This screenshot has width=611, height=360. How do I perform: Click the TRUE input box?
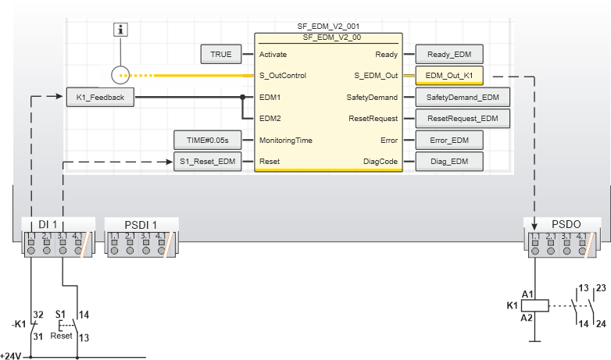click(221, 55)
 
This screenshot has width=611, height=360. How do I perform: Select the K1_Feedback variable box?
click(101, 97)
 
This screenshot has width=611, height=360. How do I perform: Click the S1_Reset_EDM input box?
click(205, 162)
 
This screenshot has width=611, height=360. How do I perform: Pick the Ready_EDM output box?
click(449, 55)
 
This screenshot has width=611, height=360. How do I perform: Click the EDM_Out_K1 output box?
click(449, 76)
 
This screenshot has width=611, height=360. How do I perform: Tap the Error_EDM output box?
click(449, 140)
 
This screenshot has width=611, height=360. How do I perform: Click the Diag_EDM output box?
click(449, 162)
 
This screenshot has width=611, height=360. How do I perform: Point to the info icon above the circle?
click(120, 30)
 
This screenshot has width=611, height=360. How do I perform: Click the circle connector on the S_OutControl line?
click(120, 76)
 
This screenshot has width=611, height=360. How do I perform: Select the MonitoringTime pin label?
click(286, 140)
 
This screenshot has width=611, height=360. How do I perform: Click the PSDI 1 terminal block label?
click(141, 224)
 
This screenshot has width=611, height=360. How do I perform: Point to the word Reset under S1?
click(61, 336)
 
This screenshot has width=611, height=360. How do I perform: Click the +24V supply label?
click(11, 356)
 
